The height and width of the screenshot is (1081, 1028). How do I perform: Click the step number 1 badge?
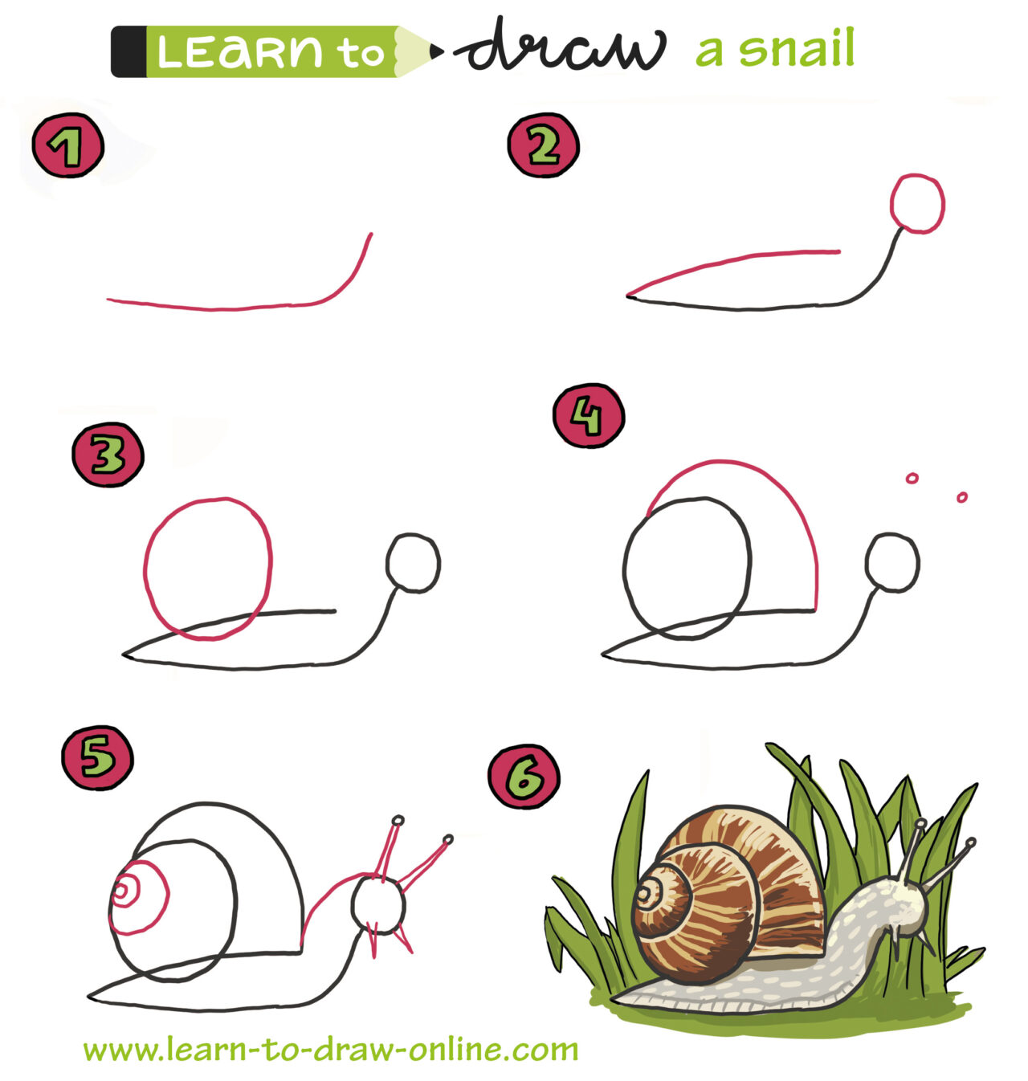(67, 145)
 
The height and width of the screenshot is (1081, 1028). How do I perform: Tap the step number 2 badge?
(543, 145)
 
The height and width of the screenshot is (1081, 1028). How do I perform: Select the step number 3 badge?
(108, 455)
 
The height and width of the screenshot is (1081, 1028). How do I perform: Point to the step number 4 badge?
(588, 416)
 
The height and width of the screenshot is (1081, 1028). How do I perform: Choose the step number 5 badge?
(97, 757)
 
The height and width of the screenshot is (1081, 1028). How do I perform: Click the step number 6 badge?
(524, 776)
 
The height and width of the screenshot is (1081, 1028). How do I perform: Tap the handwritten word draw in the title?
(561, 48)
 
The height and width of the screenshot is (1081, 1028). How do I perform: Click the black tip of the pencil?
(436, 51)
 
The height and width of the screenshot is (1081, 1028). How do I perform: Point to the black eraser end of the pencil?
(128, 51)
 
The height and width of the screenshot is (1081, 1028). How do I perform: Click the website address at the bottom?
(330, 1049)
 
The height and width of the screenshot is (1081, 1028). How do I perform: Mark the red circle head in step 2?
(917, 203)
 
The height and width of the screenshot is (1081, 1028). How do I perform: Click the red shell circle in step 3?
(208, 569)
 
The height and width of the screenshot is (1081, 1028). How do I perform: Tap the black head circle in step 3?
(413, 562)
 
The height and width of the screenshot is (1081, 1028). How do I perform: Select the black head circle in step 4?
(892, 562)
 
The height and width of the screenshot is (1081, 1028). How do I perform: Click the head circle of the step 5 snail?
(379, 904)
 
